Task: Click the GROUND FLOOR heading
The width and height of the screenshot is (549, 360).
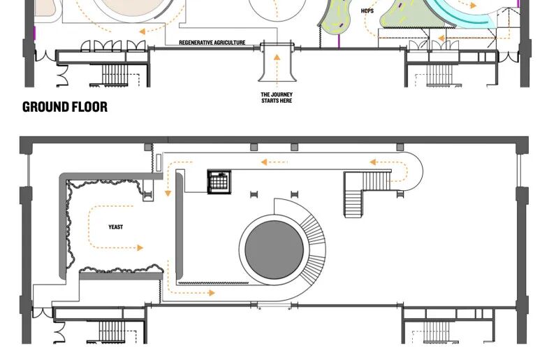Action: click(x=65, y=107)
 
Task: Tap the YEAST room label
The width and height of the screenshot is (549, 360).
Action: click(x=115, y=227)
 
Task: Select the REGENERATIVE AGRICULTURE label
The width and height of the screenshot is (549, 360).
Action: click(x=212, y=43)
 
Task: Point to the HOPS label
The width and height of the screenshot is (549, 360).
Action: click(x=367, y=11)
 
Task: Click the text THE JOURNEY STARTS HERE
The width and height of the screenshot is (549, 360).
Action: click(x=277, y=97)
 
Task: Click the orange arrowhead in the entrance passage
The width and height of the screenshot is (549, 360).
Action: click(x=277, y=57)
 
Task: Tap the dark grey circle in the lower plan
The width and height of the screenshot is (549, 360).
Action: click(x=274, y=250)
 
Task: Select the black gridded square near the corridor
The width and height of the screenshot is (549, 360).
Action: click(x=219, y=182)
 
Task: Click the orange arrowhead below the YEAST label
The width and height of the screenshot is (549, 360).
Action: click(x=140, y=248)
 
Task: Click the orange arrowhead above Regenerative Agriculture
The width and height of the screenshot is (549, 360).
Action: click(x=142, y=31)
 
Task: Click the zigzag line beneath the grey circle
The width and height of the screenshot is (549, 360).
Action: click(x=214, y=282)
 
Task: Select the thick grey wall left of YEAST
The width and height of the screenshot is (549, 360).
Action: click(x=63, y=226)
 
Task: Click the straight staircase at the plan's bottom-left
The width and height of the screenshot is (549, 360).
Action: click(x=111, y=332)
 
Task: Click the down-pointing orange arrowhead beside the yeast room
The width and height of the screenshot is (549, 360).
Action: click(x=168, y=193)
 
